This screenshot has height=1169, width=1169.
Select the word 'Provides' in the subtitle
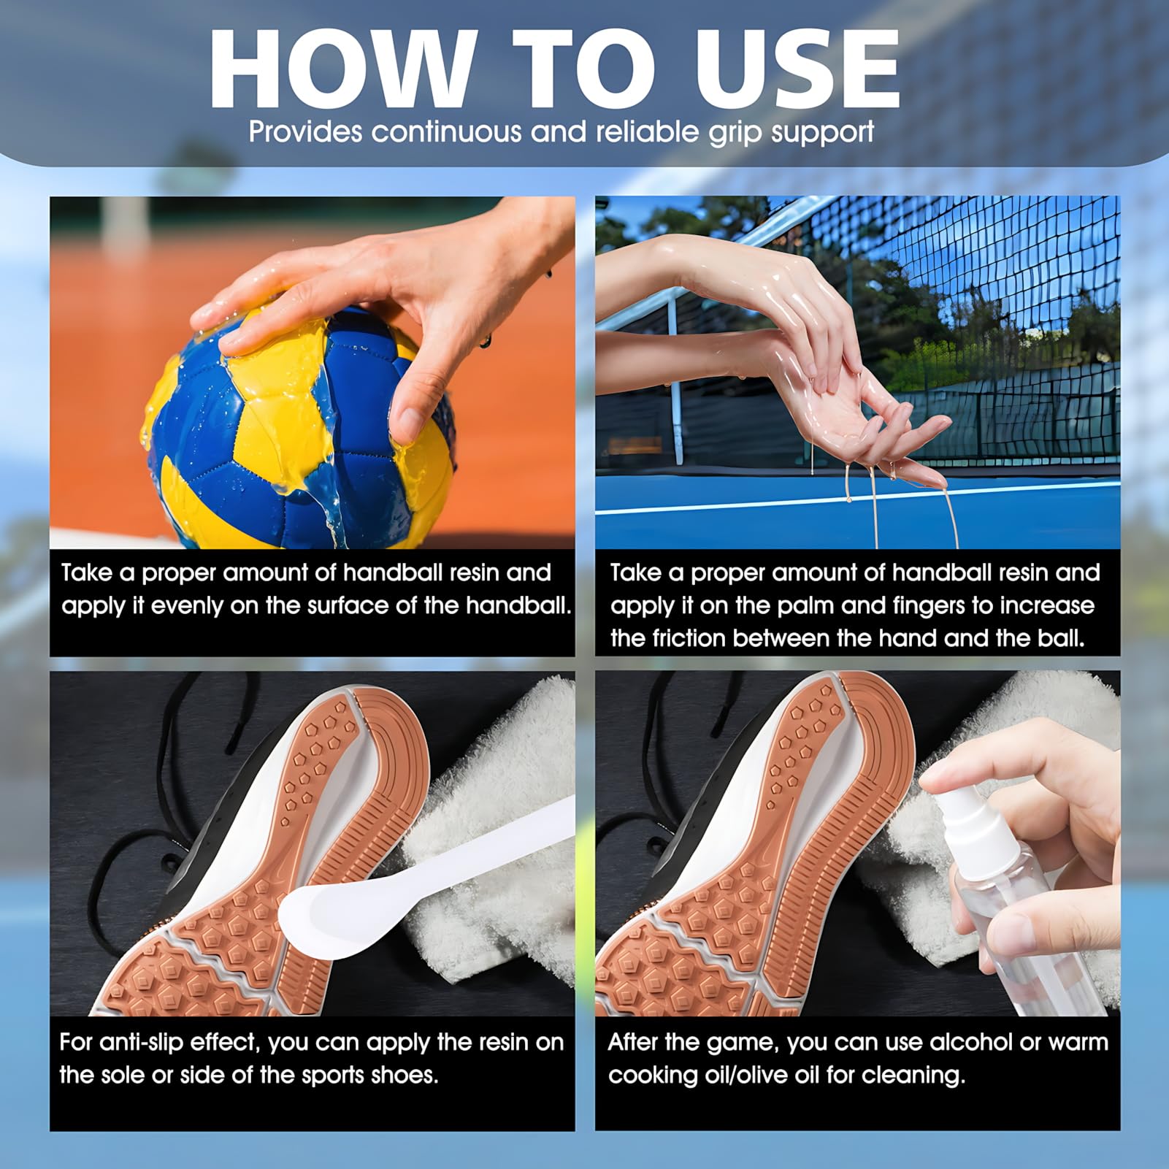click(x=305, y=132)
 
